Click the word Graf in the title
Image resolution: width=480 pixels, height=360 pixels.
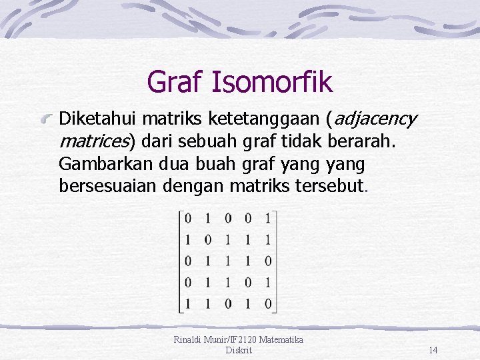(x=175, y=82)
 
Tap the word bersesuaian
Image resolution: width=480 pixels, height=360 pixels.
(x=108, y=185)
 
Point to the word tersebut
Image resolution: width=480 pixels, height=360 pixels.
(x=329, y=185)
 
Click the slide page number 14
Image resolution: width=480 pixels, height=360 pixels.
(x=433, y=350)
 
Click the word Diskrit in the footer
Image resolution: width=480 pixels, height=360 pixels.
(x=239, y=350)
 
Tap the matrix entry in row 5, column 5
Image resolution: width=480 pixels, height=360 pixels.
(x=267, y=304)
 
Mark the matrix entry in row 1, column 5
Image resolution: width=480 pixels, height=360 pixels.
(x=267, y=219)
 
